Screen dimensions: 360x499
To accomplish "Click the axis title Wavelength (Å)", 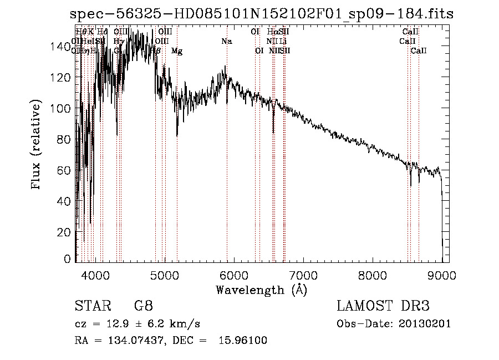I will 261,290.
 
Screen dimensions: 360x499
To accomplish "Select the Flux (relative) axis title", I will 37,146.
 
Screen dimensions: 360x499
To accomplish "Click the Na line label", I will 226,41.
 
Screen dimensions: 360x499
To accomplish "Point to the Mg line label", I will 177,51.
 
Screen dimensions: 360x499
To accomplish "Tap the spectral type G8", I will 143,306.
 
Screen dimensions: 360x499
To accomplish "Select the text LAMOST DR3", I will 384,306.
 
